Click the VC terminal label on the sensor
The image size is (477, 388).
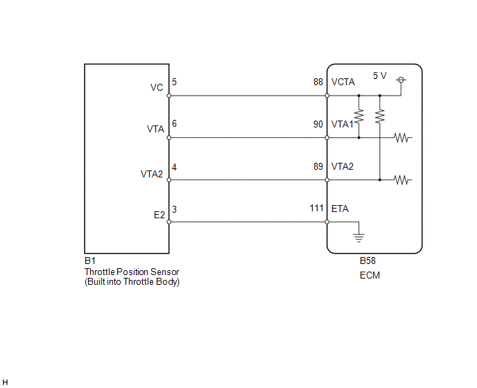tap(157, 87)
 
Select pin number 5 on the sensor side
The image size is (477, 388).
tap(174, 82)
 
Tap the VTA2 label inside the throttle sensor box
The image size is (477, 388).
tap(152, 174)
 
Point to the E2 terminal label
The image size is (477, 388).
tap(159, 215)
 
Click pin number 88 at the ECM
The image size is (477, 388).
tap(318, 82)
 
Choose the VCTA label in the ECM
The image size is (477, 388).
tap(343, 82)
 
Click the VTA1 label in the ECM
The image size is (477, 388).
tap(342, 124)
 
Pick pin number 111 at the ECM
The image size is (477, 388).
tap(316, 209)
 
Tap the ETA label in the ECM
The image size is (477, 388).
tap(340, 209)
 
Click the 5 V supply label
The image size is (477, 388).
tap(380, 76)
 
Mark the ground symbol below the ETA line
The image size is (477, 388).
tap(359, 238)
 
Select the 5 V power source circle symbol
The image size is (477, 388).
tap(401, 80)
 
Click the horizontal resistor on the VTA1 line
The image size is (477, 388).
tap(402, 138)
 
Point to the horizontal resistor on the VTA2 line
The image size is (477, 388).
tap(402, 180)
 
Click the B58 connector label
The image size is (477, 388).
tap(367, 261)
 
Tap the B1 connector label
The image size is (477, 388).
tap(90, 261)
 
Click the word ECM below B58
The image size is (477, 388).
tap(370, 275)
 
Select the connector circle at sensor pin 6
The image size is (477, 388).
tap(169, 138)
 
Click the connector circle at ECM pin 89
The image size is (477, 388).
tap(327, 180)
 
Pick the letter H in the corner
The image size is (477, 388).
tap(5, 382)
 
